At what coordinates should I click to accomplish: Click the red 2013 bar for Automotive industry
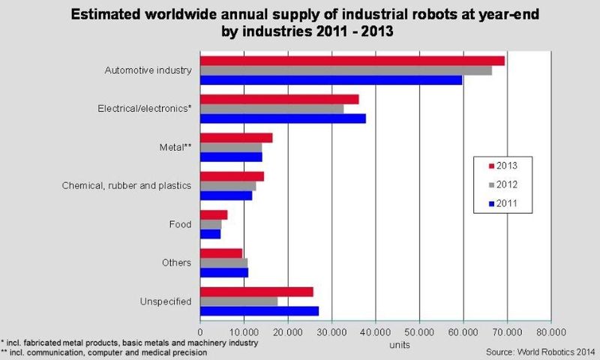pos(352,60)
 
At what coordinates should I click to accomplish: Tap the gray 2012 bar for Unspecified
pos(239,301)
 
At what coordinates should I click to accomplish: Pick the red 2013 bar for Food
pos(214,214)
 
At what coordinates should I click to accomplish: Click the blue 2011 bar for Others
pos(224,272)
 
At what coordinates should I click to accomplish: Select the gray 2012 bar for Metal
pos(232,147)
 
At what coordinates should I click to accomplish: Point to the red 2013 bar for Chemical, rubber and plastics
pos(232,176)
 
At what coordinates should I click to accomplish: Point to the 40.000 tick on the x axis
pos(376,331)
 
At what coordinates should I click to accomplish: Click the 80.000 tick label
pos(551,331)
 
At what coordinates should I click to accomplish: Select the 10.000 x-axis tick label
pos(244,331)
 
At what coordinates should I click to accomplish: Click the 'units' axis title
pos(399,343)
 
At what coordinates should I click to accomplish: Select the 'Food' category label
pos(181,224)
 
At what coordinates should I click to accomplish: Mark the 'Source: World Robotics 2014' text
pos(539,349)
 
